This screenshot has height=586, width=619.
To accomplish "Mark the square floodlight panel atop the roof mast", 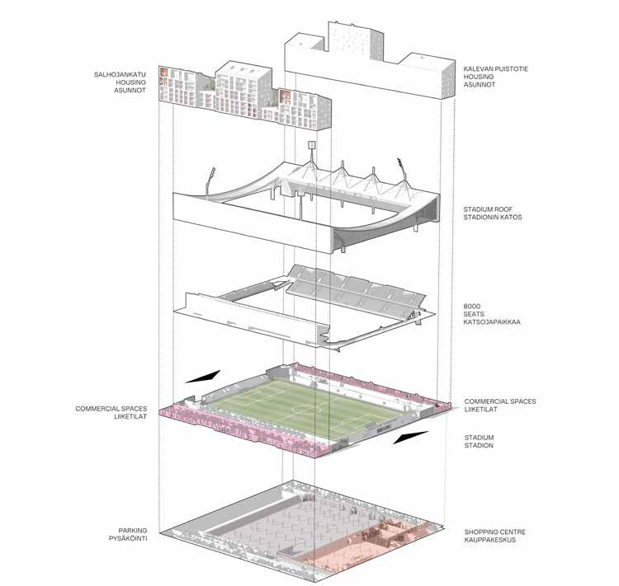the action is click(313, 145).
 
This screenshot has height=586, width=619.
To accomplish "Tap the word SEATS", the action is click(474, 314).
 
